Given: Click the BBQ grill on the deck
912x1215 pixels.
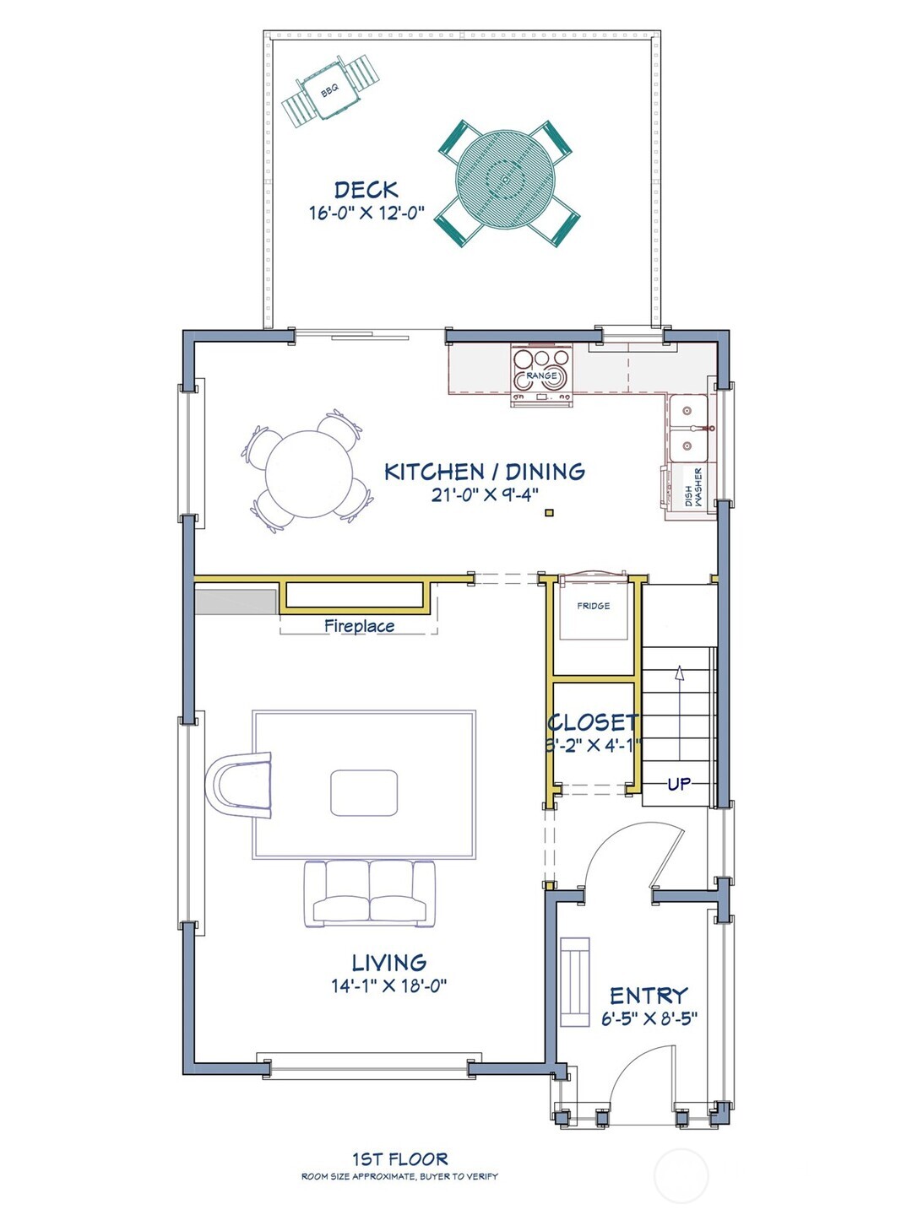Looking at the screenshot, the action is [x=330, y=91].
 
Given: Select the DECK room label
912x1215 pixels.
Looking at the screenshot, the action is [x=366, y=190].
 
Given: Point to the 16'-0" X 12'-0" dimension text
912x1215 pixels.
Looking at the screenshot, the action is [x=366, y=213].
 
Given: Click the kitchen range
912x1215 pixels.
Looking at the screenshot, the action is [x=541, y=375].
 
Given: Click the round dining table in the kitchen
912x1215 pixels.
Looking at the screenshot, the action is [x=309, y=474].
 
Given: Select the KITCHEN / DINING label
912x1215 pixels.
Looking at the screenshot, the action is [x=485, y=472].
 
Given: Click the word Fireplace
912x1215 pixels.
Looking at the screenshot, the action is [x=360, y=626].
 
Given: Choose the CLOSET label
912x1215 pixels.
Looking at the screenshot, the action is [x=593, y=722].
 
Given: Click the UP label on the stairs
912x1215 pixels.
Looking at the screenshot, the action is [x=679, y=784].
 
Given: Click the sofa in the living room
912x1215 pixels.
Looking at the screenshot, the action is [x=370, y=894].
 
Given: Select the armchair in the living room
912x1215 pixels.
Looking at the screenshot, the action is [x=238, y=785].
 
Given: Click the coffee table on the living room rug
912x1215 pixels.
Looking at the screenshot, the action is [x=364, y=792].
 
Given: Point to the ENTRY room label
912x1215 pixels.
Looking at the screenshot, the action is [x=649, y=996].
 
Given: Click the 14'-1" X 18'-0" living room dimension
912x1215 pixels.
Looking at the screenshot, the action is [x=388, y=985].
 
